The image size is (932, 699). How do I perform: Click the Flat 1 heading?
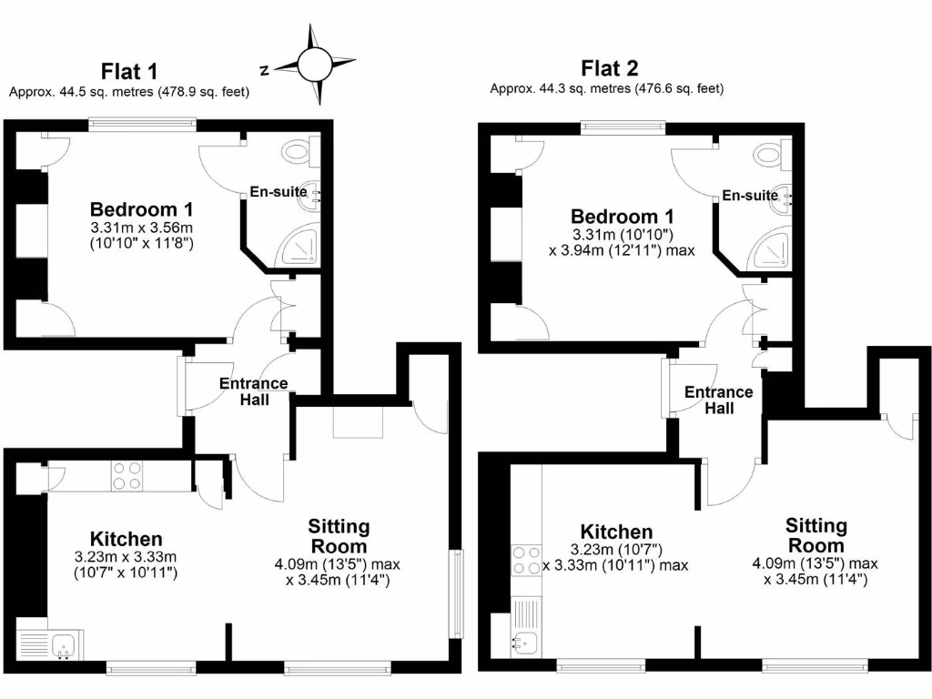pos(129,71)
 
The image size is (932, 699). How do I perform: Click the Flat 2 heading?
pos(609,67)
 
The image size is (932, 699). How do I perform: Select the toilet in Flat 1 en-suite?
pos(298,149)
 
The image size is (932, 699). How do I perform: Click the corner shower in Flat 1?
pos(300,248)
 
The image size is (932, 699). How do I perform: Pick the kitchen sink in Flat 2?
pos(525,643)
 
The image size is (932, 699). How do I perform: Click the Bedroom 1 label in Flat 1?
pos(141,208)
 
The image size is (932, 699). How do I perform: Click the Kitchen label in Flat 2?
pos(617,532)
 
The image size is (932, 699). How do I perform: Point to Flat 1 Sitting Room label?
pos(339,536)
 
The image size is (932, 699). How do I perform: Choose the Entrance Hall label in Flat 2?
pos(718,400)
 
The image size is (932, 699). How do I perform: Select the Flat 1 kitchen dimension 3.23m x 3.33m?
pos(126,557)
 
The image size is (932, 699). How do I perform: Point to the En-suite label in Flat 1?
pos(279,192)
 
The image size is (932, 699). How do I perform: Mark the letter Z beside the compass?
pos(264,69)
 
